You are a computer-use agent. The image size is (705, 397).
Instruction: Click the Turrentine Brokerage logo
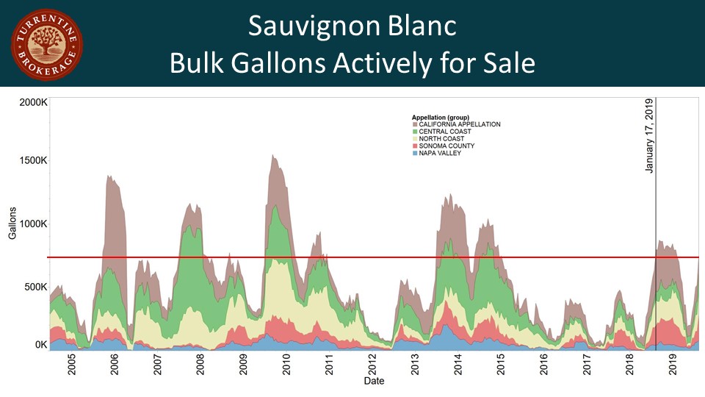46,44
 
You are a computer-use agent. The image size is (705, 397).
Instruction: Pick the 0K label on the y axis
41,344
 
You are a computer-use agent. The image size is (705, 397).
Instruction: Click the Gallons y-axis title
13,223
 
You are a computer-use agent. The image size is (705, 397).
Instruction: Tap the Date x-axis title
375,381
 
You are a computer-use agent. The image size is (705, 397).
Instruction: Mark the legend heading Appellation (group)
441,117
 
